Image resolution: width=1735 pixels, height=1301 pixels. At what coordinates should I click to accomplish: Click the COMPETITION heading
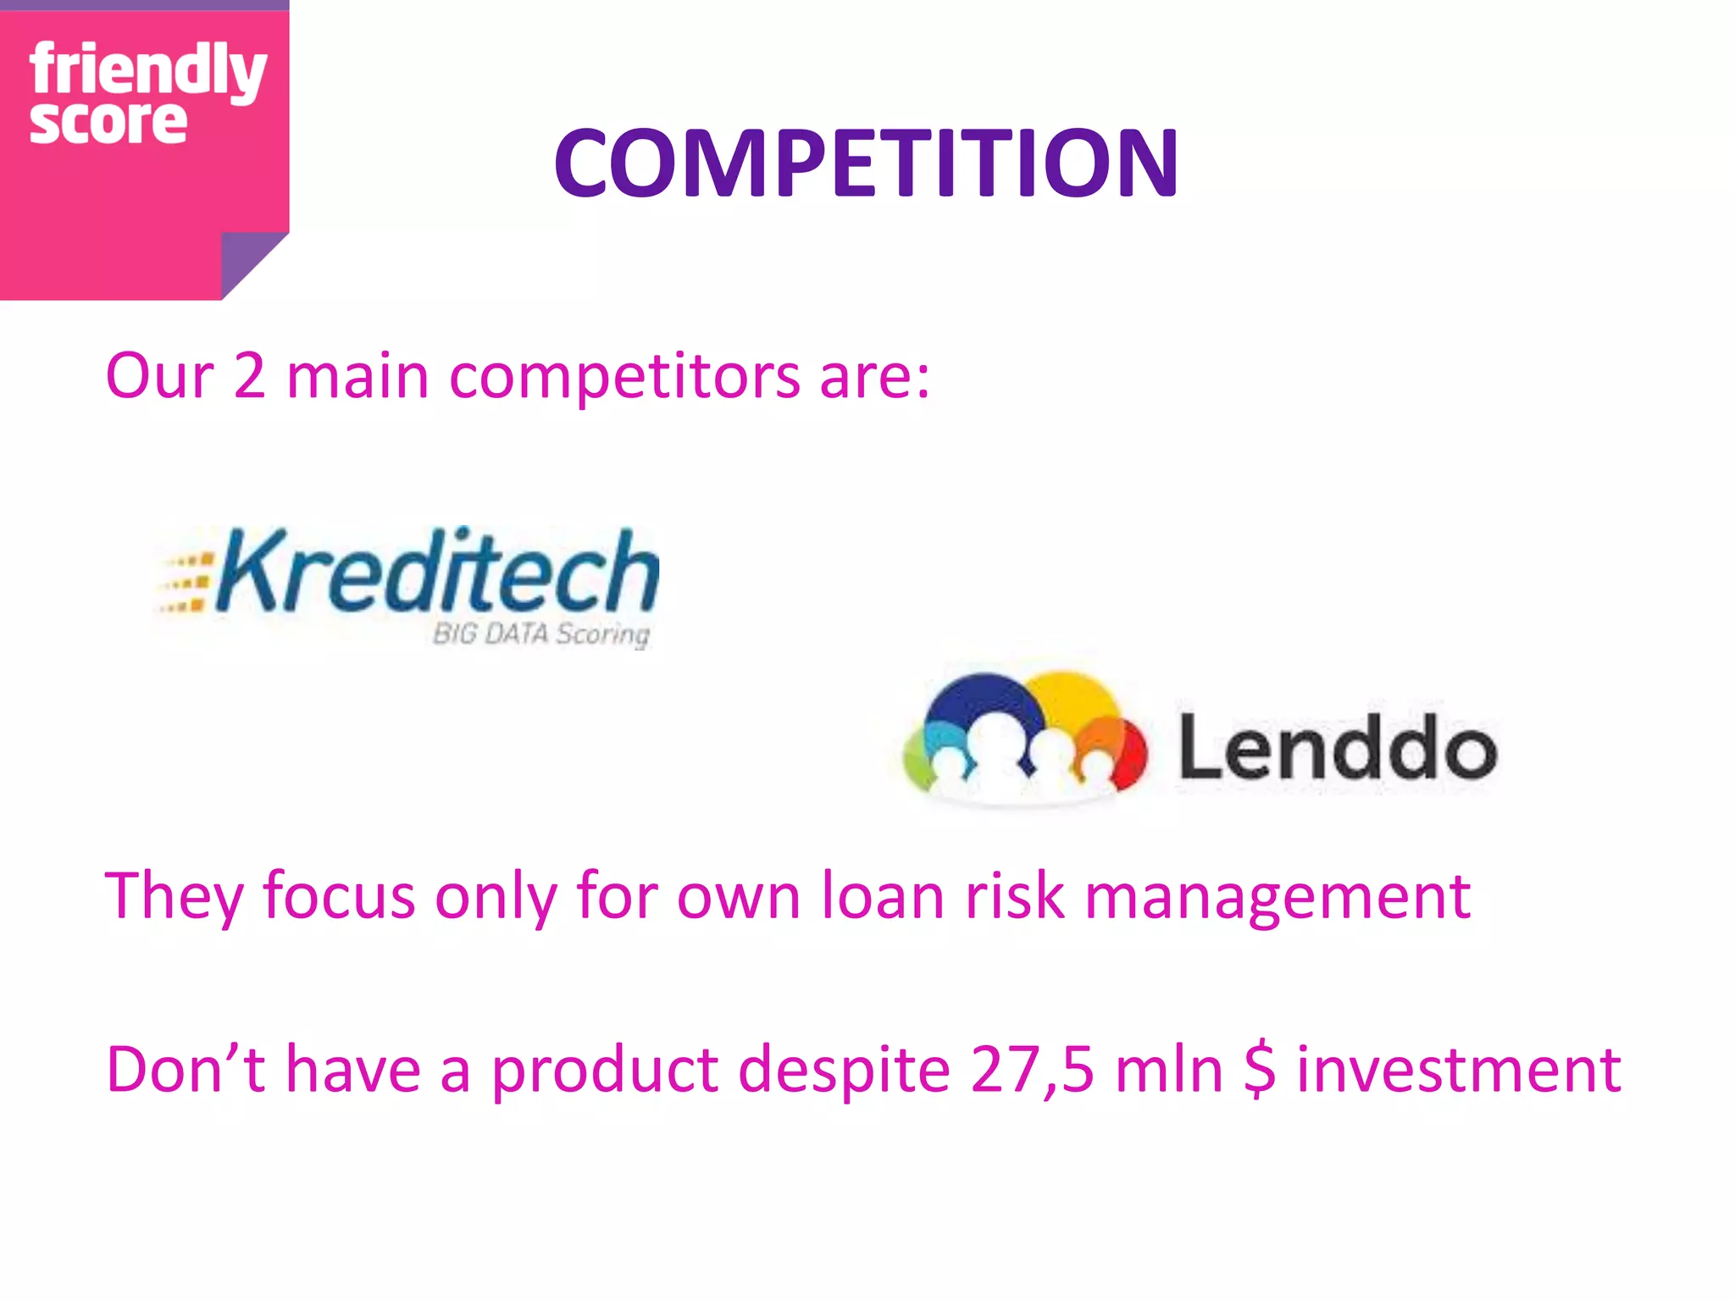(866, 163)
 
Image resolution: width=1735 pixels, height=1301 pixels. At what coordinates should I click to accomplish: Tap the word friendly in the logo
(148, 69)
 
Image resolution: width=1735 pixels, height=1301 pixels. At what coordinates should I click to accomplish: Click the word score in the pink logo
(108, 123)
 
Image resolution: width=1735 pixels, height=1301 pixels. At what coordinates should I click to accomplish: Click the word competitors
(624, 377)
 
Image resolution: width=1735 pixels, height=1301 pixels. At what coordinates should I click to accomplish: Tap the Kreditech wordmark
(436, 570)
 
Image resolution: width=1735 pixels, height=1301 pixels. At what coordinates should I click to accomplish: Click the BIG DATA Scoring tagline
(540, 634)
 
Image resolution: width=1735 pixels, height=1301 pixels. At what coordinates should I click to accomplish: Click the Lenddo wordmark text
(1337, 748)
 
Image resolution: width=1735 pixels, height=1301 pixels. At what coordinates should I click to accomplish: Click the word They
(175, 896)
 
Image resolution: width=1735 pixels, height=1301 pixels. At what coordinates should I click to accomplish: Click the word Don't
(186, 1069)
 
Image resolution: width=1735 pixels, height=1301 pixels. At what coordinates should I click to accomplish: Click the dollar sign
(1260, 1070)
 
